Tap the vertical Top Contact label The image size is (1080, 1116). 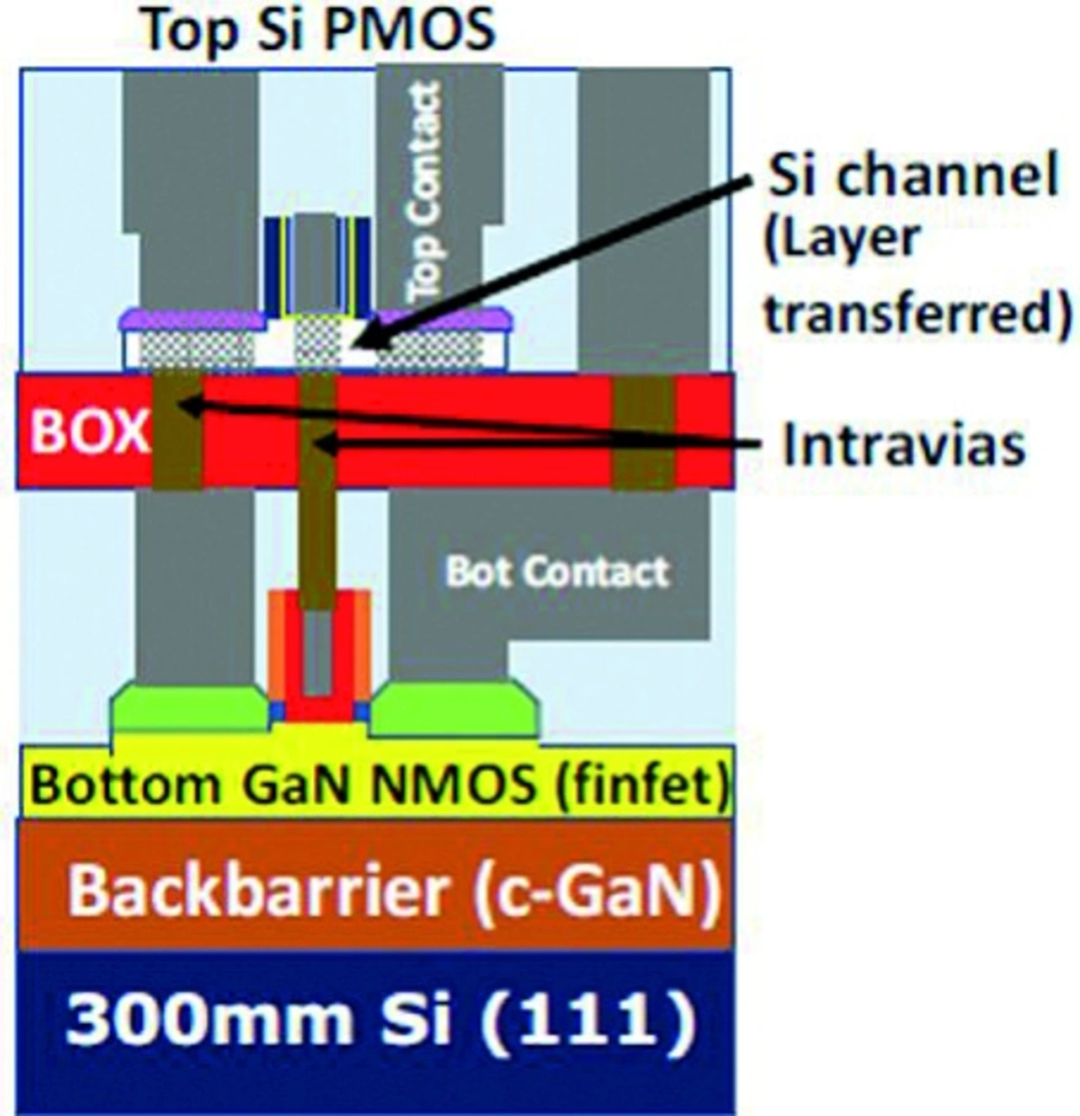coord(423,192)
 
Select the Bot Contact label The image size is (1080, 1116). coord(557,572)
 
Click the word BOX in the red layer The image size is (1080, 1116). coord(88,431)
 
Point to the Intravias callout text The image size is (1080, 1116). coord(904,445)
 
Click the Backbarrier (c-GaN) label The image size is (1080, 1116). coord(394,891)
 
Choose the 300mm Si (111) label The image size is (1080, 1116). coord(381,1019)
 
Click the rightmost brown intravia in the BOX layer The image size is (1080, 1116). coord(643,432)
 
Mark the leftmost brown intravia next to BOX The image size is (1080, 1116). coord(177,432)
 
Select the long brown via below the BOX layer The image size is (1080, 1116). coord(318,540)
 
